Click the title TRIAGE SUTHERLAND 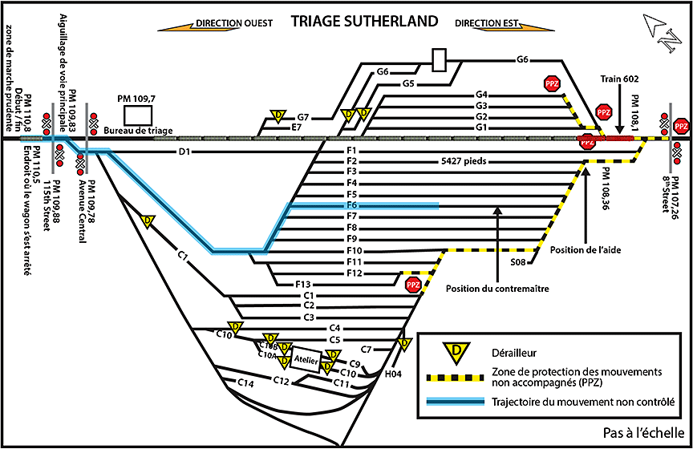pyautogui.click(x=365, y=21)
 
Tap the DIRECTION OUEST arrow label pyautogui.click(x=234, y=23)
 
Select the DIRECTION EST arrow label pyautogui.click(x=486, y=23)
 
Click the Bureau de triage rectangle pyautogui.click(x=138, y=115)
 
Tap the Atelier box pyautogui.click(x=306, y=360)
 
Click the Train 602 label pyautogui.click(x=619, y=79)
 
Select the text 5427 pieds pyautogui.click(x=464, y=161)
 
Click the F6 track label pyautogui.click(x=352, y=205)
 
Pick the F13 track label pyautogui.click(x=303, y=285)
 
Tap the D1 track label pyautogui.click(x=184, y=152)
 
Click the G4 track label pyautogui.click(x=481, y=95)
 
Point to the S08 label pyautogui.click(x=518, y=262)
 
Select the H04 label pyautogui.click(x=393, y=374)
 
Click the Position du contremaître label pyautogui.click(x=497, y=289)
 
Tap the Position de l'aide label pyautogui.click(x=586, y=250)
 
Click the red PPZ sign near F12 pyautogui.click(x=413, y=285)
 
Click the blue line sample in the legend pyautogui.click(x=456, y=402)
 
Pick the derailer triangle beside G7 pyautogui.click(x=278, y=115)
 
